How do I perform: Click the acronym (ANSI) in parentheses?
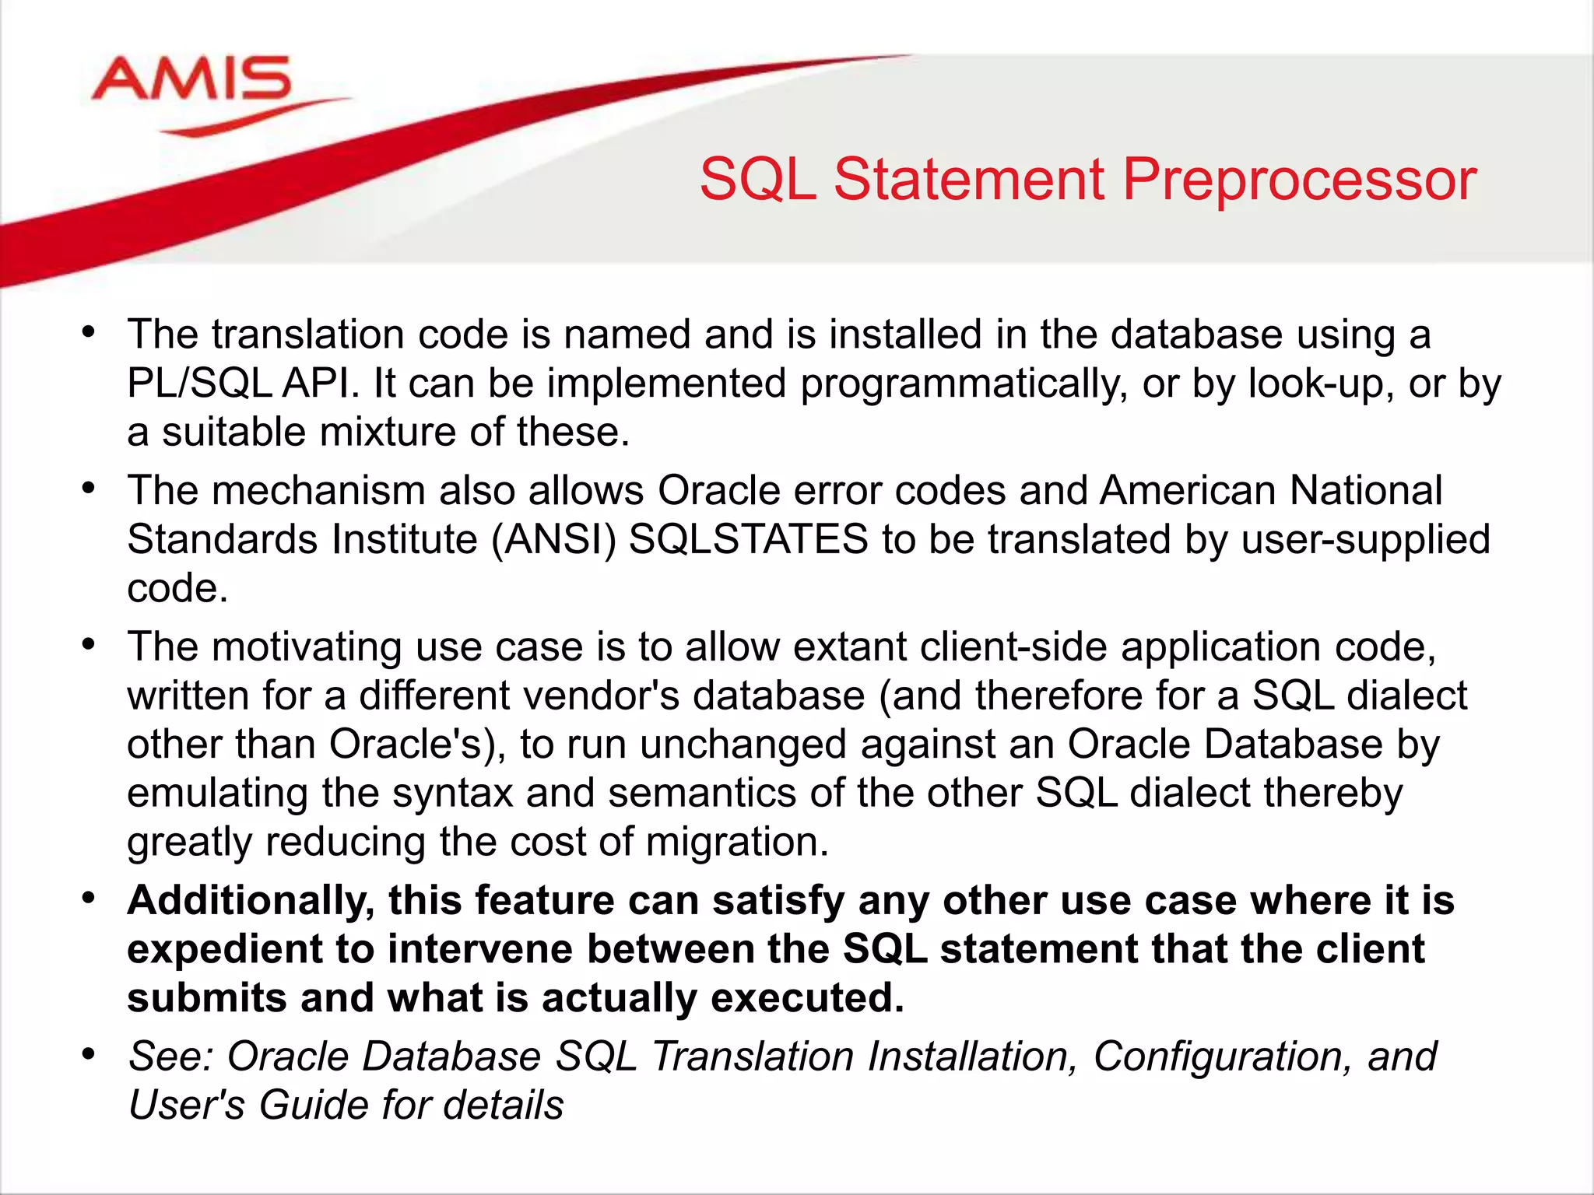553,540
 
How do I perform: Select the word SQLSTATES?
748,540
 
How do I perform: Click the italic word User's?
187,1106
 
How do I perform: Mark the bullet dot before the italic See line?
89,1055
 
